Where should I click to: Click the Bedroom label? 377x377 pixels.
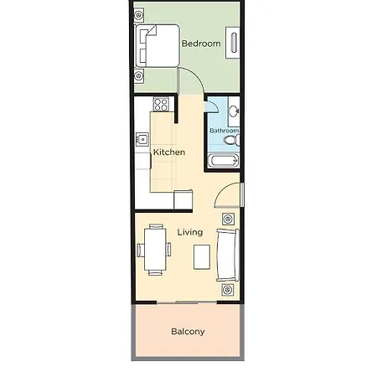click(201, 44)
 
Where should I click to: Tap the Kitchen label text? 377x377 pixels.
click(169, 152)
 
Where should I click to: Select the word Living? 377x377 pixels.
click(190, 232)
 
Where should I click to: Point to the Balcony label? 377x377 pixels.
click(188, 332)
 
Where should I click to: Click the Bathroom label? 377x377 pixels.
click(225, 131)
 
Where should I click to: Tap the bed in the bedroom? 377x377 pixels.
click(158, 45)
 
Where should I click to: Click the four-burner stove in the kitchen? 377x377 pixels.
click(161, 104)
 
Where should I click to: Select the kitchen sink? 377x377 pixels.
click(142, 139)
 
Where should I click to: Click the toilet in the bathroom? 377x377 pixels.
click(232, 140)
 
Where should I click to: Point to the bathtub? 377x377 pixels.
click(223, 161)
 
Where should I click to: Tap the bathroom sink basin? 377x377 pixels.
click(234, 111)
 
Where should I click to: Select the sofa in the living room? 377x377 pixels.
click(228, 255)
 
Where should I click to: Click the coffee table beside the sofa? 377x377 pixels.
click(202, 257)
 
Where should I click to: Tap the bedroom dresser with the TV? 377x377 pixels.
click(232, 43)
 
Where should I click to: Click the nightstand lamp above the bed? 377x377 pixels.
click(139, 15)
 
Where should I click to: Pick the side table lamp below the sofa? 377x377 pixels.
click(228, 290)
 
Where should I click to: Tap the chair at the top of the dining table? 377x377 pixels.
click(156, 226)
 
